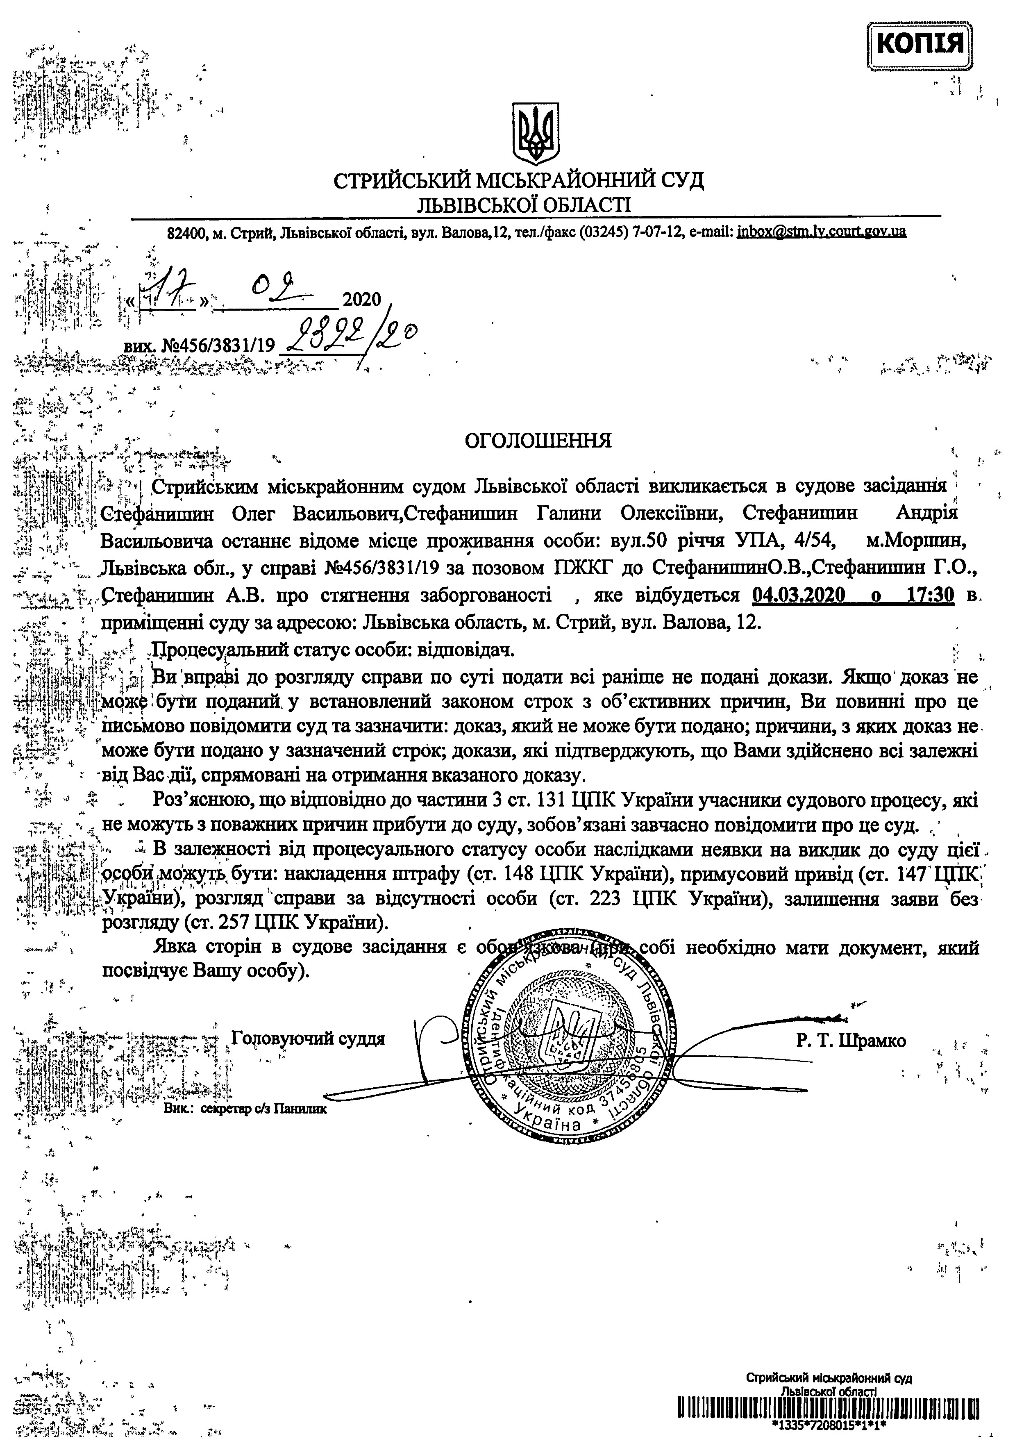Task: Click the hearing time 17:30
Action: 930,595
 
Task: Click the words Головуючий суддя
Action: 308,1038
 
